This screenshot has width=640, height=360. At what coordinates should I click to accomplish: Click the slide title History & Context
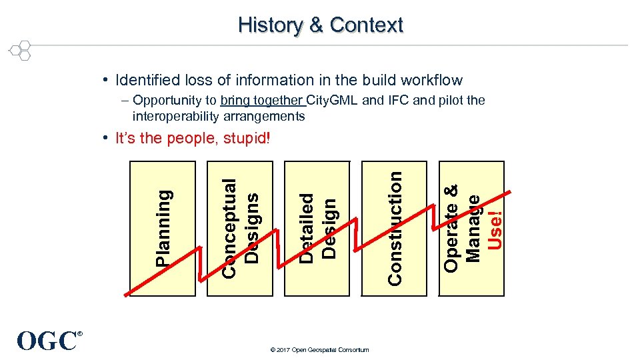[x=321, y=25]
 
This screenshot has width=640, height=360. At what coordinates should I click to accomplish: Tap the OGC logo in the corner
[x=48, y=341]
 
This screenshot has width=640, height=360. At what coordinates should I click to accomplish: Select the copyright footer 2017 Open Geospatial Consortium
[x=321, y=349]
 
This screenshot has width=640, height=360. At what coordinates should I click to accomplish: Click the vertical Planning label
[x=163, y=227]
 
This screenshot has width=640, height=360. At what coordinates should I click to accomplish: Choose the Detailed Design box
[x=317, y=227]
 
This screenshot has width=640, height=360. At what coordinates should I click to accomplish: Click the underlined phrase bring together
[x=262, y=101]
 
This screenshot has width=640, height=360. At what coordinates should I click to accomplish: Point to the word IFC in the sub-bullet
[x=401, y=101]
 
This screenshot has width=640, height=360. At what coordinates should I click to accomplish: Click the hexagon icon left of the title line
[x=21, y=50]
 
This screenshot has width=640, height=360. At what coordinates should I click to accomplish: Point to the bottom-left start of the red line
[x=125, y=293]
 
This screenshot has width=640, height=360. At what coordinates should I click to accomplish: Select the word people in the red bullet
[x=187, y=139]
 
